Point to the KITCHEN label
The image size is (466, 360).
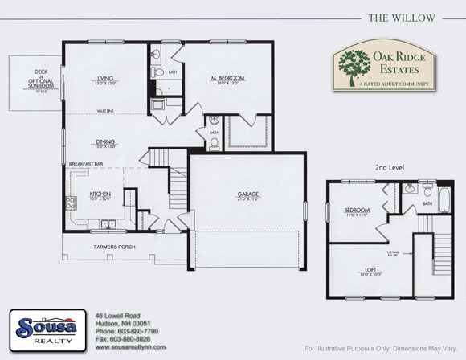click(x=100, y=194)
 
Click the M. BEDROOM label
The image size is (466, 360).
click(x=227, y=79)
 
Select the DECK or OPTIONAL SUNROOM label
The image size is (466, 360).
click(x=35, y=79)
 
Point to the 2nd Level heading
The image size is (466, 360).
click(x=390, y=167)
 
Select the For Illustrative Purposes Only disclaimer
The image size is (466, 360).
click(x=379, y=348)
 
